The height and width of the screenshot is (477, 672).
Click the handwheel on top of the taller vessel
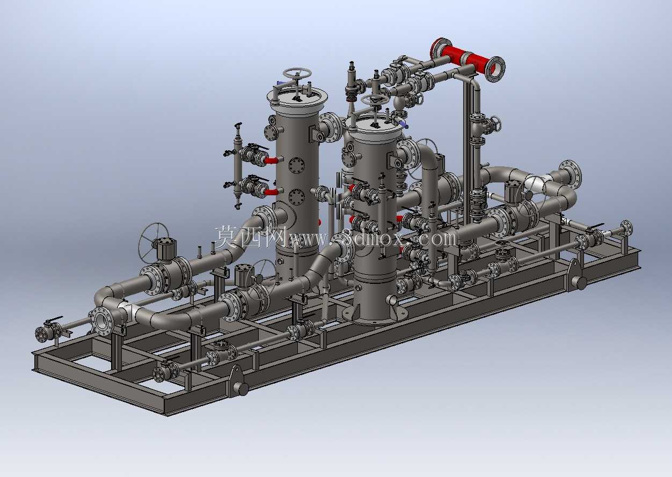(x=297, y=74)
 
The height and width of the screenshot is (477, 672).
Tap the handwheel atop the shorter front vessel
(x=375, y=100)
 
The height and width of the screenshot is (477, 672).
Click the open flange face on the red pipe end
(x=495, y=69)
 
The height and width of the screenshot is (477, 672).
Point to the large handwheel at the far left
(x=154, y=244)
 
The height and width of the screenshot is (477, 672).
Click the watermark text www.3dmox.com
(x=372, y=239)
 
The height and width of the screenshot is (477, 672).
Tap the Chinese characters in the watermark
(x=251, y=237)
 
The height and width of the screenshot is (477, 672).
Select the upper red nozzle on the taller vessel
(x=271, y=160)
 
